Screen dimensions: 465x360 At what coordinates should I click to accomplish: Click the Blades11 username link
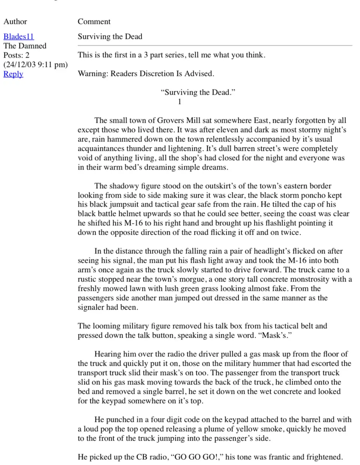[x=18, y=36]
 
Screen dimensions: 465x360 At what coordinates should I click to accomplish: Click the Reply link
[x=13, y=74]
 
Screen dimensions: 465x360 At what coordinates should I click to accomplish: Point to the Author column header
[x=15, y=21]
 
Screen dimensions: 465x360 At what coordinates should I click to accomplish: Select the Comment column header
[x=94, y=21]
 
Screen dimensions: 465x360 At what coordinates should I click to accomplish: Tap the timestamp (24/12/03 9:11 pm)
[x=36, y=64]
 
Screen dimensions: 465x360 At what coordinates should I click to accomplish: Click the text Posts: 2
[x=16, y=55]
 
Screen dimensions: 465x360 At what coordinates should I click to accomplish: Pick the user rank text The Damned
[x=25, y=46]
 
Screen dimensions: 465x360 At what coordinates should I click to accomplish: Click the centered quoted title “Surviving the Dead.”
[x=198, y=92]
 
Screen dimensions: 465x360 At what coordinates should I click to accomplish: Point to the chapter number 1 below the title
[x=180, y=101]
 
